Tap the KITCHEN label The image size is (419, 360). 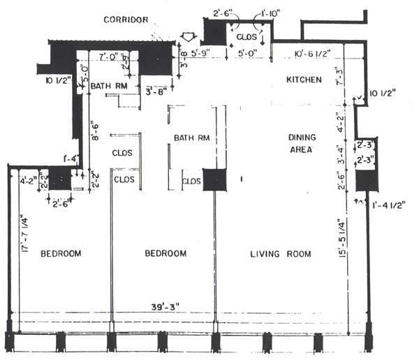[304, 80]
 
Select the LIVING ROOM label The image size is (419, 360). [280, 253]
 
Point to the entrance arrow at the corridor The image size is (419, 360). [187, 36]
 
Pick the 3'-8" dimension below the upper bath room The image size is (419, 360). [155, 91]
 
